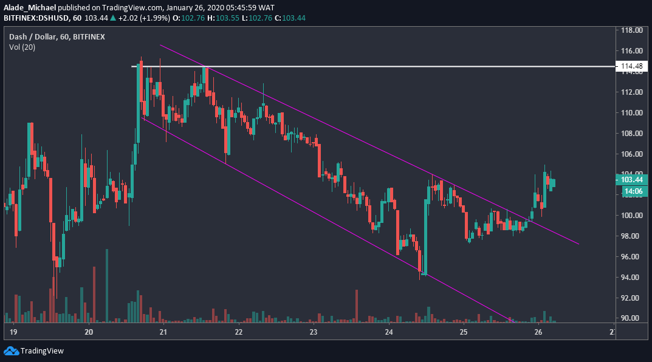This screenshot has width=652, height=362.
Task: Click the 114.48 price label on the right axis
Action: click(x=630, y=66)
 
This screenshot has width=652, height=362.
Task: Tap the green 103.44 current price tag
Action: click(x=630, y=180)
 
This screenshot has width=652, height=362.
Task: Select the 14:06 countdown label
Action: click(x=630, y=191)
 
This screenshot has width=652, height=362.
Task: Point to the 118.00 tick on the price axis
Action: click(x=632, y=30)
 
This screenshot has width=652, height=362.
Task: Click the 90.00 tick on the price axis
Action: click(x=632, y=318)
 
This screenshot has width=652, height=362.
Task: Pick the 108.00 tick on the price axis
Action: click(x=632, y=133)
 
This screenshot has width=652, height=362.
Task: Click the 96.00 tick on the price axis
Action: click(x=632, y=256)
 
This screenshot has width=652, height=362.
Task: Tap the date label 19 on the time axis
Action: click(x=13, y=332)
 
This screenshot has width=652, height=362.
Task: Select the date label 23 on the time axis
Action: click(x=314, y=332)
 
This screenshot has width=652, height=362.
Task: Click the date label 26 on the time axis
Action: click(x=538, y=332)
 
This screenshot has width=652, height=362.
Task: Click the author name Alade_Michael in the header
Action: click(x=29, y=7)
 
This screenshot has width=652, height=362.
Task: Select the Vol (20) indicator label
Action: click(x=22, y=47)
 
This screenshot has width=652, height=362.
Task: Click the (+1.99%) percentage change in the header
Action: click(x=154, y=18)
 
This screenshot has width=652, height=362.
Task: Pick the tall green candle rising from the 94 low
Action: click(x=425, y=231)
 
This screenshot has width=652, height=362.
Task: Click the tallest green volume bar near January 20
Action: click(x=106, y=285)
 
